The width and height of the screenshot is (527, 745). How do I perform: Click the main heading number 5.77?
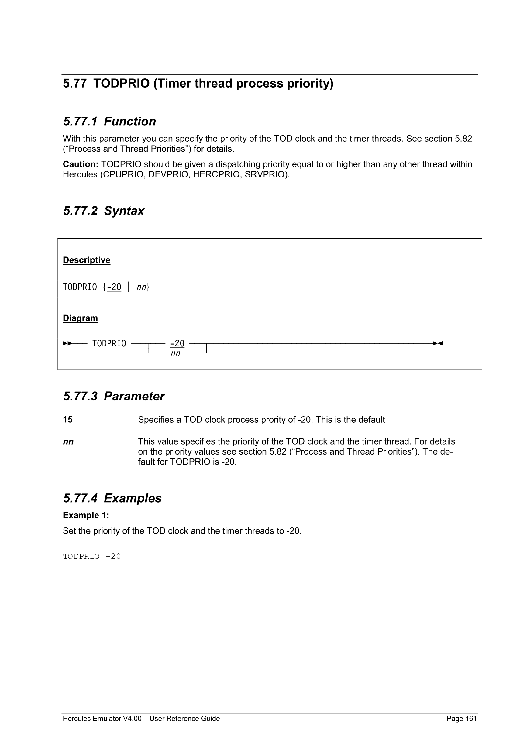tap(75, 84)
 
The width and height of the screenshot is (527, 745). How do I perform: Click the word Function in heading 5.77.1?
tap(130, 122)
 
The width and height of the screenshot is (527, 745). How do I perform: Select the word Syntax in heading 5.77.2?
tap(124, 211)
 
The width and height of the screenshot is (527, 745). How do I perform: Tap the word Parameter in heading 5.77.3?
tap(134, 397)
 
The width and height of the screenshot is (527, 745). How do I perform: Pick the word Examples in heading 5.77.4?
tap(133, 498)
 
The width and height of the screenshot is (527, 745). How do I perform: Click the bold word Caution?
tap(81, 164)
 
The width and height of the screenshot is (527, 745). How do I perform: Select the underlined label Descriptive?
tap(86, 260)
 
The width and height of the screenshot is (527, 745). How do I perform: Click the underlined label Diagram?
tap(80, 318)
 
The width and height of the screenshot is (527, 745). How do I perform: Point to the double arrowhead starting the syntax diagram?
tap(67, 343)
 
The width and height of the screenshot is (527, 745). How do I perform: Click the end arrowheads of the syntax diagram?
tap(438, 343)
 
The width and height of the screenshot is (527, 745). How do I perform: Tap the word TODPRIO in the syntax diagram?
tap(109, 344)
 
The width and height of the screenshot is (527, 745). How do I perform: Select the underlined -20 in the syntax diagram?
tap(177, 343)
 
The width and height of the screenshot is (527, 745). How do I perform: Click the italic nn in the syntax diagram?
tap(175, 353)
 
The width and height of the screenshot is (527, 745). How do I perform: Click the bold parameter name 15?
tap(68, 420)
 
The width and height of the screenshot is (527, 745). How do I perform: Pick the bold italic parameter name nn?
tap(68, 441)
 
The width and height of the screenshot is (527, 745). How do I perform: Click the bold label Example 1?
tap(86, 515)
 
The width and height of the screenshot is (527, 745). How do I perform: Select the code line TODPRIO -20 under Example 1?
tap(92, 557)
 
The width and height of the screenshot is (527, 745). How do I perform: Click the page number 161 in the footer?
tap(470, 718)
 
